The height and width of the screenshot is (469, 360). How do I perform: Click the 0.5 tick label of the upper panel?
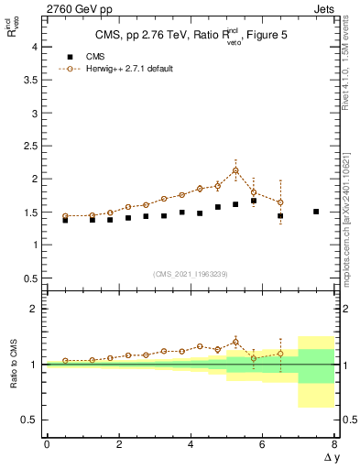32,278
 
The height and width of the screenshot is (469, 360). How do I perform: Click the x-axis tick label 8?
334,443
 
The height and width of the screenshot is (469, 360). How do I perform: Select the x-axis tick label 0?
47,443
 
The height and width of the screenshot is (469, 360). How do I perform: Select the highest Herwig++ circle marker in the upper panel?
235,170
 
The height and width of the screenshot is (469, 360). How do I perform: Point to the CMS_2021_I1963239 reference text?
191,273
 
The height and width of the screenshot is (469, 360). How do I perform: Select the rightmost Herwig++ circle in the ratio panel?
280,354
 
